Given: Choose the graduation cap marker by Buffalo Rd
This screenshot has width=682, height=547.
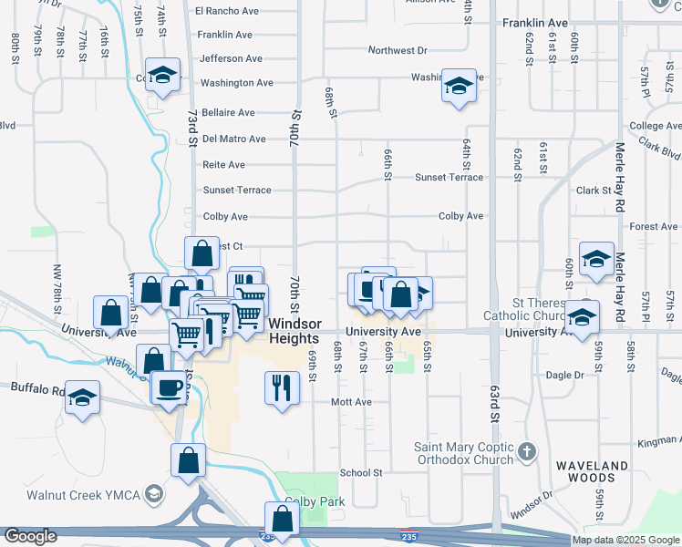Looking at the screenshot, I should (83, 397).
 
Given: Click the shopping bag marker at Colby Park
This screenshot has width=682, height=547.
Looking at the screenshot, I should (283, 519).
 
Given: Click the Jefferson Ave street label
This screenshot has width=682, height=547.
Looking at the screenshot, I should (231, 58).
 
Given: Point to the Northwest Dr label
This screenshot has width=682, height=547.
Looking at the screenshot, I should (398, 51).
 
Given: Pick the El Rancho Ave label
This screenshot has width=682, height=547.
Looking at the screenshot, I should (227, 11).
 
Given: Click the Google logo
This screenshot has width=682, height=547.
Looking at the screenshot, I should (30, 536).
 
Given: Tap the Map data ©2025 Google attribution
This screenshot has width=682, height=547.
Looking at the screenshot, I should (626, 540).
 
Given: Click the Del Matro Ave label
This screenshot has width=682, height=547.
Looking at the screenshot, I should (234, 139).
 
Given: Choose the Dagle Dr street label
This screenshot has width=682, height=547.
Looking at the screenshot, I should (566, 375).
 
